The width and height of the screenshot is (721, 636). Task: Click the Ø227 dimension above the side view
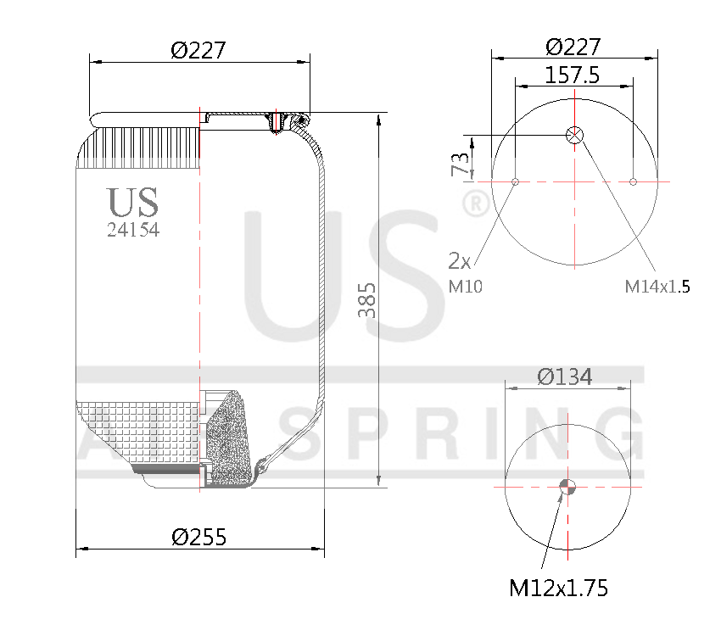click(x=198, y=50)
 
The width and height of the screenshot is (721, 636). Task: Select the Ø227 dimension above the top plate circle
click(x=574, y=46)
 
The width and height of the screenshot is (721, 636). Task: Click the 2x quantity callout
click(x=459, y=259)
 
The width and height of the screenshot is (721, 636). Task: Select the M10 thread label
click(x=465, y=287)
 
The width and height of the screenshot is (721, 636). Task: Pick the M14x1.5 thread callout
click(x=657, y=287)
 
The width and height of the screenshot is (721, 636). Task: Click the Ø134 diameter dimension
click(x=566, y=376)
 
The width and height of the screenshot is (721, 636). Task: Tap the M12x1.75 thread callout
click(x=558, y=588)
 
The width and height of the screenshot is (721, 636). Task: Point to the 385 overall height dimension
click(x=366, y=301)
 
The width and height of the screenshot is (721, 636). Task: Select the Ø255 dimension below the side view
click(x=199, y=537)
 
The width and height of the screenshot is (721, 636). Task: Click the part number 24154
click(x=133, y=230)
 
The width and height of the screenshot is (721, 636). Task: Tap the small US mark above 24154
click(x=133, y=203)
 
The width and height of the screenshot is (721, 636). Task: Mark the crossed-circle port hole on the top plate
click(x=575, y=135)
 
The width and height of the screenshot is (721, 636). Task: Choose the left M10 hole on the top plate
click(x=516, y=181)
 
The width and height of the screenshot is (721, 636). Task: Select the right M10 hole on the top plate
click(x=633, y=181)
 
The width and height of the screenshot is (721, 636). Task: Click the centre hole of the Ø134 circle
click(x=567, y=486)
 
